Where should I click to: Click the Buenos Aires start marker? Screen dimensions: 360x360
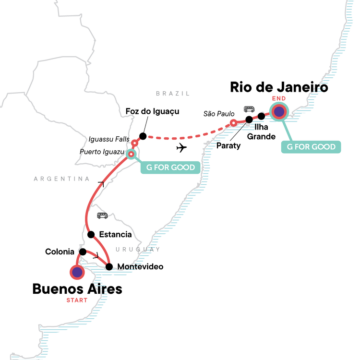point(77,272)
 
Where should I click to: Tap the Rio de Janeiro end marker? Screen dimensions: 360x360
point(279,111)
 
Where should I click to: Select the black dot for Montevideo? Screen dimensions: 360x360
point(109,267)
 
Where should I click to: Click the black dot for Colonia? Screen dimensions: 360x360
point(83,252)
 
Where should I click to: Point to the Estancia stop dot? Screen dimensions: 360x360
point(91,234)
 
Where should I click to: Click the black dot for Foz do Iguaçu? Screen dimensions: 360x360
point(143,136)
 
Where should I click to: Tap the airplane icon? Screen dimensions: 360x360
point(181,148)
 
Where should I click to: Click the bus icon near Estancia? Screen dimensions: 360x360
point(102,216)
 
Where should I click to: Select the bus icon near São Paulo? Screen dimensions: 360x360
point(249,109)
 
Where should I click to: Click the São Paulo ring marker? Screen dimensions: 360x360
point(233,123)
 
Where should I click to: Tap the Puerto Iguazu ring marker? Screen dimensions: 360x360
point(131,154)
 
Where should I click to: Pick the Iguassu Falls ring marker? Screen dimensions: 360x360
point(134,144)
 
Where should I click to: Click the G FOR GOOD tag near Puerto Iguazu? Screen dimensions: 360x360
point(170,167)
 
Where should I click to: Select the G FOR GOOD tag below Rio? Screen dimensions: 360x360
point(311,147)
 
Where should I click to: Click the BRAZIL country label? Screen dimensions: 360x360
point(173,94)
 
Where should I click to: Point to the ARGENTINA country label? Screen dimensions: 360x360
point(61,179)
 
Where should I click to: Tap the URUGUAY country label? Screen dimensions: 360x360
point(138,249)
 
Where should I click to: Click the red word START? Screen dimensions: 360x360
point(77,300)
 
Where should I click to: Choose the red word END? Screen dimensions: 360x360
point(279,98)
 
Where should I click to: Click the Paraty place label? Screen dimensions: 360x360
point(228,145)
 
